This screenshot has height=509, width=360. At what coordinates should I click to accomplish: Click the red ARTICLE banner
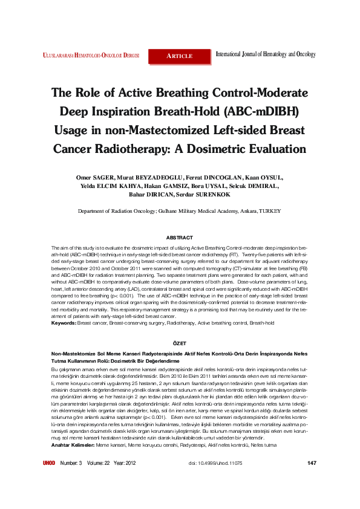coord(180,56)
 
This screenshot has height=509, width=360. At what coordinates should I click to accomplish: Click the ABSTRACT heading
coord(179,238)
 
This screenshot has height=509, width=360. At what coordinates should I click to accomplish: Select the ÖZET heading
coord(180,343)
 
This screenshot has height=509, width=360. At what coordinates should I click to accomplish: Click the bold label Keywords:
coord(64,323)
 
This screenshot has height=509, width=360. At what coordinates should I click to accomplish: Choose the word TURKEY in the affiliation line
coord(270,212)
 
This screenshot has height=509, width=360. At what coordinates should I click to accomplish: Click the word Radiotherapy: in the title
coord(140,149)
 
